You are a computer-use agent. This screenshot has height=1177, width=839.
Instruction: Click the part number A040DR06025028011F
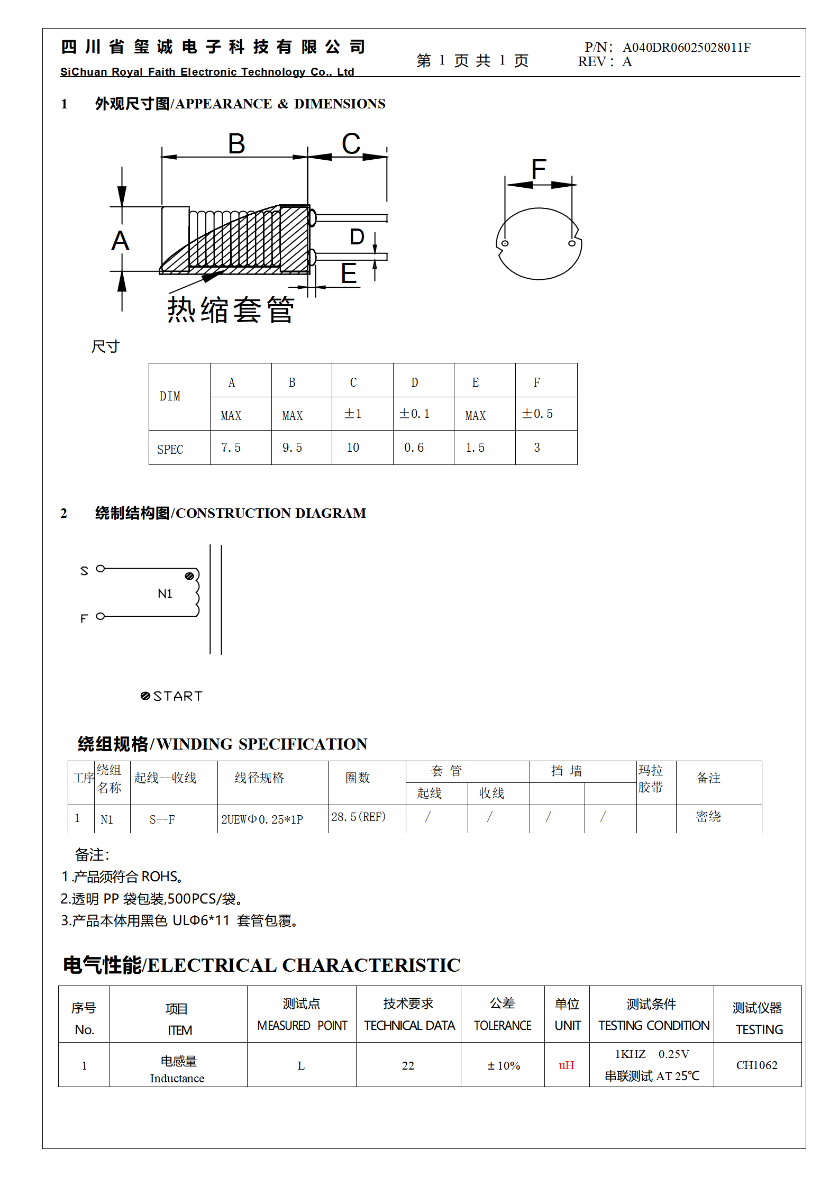[686, 48]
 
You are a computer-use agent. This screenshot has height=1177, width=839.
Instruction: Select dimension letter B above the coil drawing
[236, 144]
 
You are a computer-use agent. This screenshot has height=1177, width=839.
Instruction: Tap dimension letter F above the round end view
[539, 169]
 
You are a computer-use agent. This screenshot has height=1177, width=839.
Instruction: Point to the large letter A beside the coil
[120, 241]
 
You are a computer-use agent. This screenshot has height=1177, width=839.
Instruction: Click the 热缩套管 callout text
[231, 309]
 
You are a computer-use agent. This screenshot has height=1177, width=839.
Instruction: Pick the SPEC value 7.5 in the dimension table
[231, 448]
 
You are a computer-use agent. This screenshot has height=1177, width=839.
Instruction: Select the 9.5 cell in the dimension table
[292, 448]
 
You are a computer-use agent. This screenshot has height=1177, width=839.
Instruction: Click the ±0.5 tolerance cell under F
[537, 414]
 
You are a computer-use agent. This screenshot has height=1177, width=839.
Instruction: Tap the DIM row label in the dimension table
[170, 396]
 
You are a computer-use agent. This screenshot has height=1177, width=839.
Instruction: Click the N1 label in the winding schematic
[165, 594]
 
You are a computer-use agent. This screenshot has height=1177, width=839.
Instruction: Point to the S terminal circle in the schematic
[101, 569]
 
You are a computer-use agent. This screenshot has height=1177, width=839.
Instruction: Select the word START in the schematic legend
[178, 696]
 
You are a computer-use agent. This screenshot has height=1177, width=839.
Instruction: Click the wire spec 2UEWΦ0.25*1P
[262, 819]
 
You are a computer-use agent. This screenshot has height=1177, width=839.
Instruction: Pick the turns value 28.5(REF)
[359, 817]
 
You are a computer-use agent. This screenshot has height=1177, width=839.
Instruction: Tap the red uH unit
[567, 1065]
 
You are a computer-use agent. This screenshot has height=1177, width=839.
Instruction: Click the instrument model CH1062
[756, 1065]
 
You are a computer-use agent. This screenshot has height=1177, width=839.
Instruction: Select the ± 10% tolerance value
[504, 1066]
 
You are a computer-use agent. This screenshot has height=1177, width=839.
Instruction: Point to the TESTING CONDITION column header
[653, 1026]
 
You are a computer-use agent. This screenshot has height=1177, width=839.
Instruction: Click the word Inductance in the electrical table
[177, 1079]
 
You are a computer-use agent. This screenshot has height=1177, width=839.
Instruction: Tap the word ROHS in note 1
[159, 877]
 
